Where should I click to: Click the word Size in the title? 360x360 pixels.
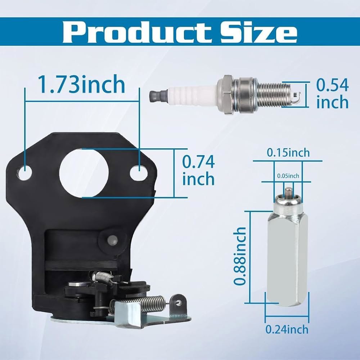pyautogui.click(x=259, y=32)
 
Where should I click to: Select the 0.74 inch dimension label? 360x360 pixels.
pyautogui.click(x=198, y=170)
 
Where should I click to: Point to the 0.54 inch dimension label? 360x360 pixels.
pyautogui.click(x=332, y=93)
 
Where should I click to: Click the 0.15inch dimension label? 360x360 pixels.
pyautogui.click(x=288, y=153)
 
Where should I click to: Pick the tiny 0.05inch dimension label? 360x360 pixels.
pyautogui.click(x=288, y=176)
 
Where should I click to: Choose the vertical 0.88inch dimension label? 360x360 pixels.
pyautogui.click(x=240, y=256)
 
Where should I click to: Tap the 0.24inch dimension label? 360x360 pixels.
pyautogui.click(x=287, y=329)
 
